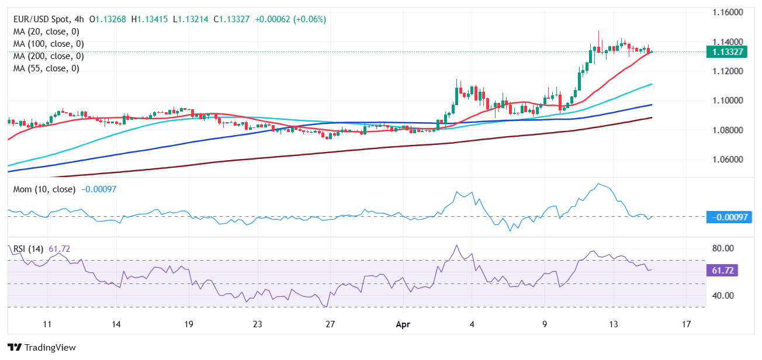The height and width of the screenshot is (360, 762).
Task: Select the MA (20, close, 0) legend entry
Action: point(46,32)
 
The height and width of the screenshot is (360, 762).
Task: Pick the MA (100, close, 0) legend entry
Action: point(49,44)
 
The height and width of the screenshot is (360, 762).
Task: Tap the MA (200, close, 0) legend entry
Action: point(49,56)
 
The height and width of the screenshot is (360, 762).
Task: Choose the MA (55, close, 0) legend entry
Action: point(46,68)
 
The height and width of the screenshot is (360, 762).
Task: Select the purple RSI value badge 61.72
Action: point(723,271)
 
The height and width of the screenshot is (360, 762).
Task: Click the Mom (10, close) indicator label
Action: point(44,189)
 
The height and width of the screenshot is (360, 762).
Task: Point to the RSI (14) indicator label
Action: point(28,249)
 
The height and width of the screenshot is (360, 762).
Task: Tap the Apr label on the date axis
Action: point(403,324)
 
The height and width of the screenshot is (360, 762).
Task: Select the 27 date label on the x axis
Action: point(330,324)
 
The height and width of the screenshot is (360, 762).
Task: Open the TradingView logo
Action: point(42,348)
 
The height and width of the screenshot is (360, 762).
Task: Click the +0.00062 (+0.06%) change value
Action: point(291,19)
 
